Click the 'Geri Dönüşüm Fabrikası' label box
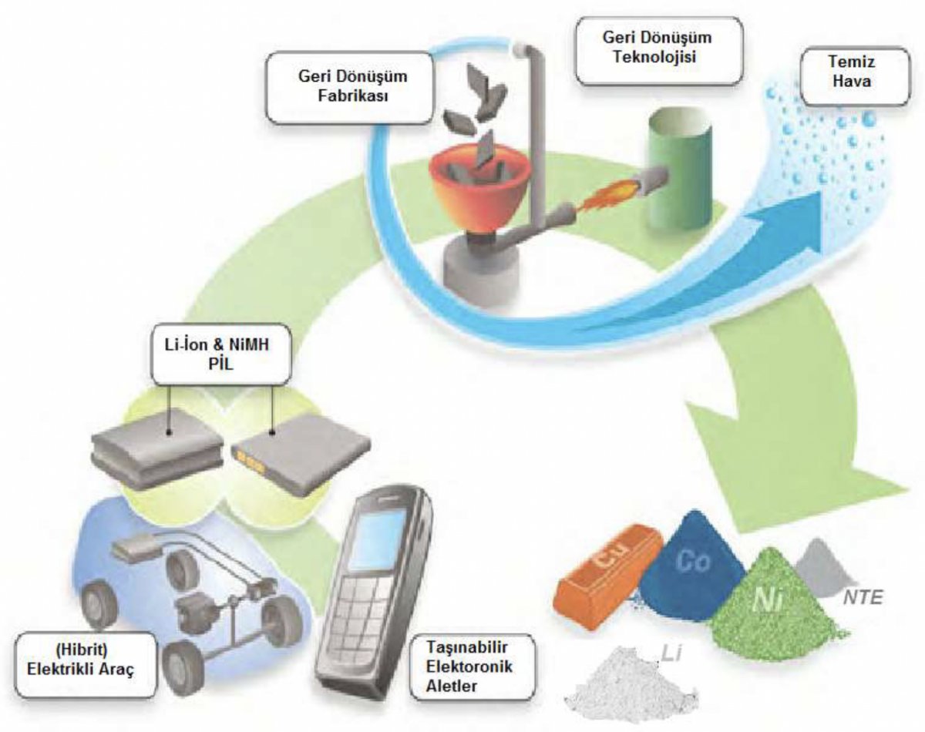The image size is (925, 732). click(x=349, y=88)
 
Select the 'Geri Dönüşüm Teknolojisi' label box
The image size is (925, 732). click(x=659, y=50)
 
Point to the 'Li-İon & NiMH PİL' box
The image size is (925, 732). click(x=220, y=354)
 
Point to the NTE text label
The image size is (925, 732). click(x=863, y=597)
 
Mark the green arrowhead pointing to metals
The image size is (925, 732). click(x=795, y=464)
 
